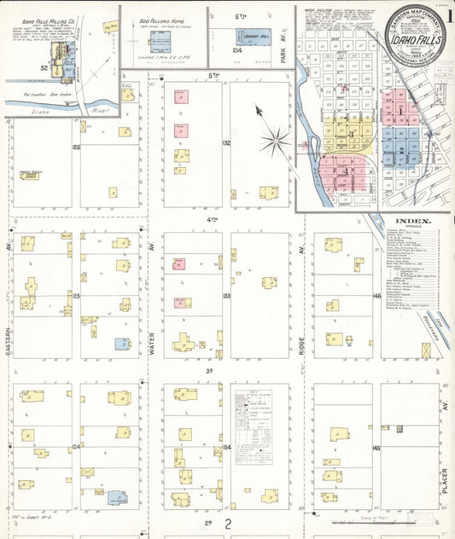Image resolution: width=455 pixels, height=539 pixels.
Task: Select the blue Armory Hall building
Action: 253,38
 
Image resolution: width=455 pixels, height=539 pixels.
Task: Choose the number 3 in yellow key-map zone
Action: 350,135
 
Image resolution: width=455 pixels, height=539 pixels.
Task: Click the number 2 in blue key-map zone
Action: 400,151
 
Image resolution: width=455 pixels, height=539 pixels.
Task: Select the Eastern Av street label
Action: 9,328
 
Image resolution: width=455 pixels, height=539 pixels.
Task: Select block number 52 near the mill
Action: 43,67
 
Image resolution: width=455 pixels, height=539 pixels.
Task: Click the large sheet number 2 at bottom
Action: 228,524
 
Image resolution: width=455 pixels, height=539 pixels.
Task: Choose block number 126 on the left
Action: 76,147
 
